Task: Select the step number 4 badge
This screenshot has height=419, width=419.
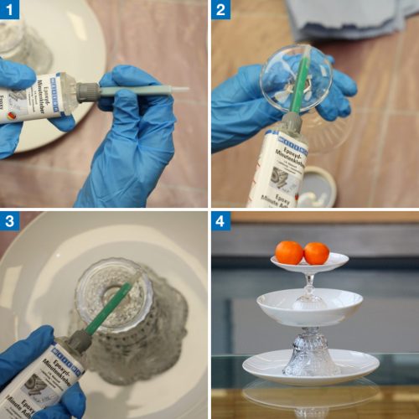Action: tap(221, 221)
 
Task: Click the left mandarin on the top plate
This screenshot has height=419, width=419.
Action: tap(289, 252)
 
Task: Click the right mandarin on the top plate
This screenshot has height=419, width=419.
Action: tap(316, 253)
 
